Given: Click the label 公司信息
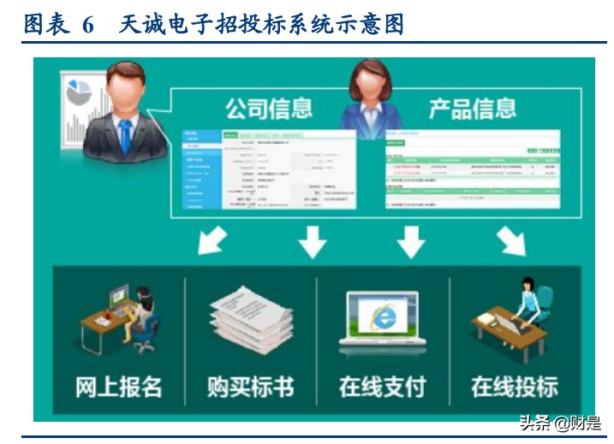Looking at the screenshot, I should (268, 109).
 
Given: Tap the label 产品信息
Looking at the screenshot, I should (472, 109).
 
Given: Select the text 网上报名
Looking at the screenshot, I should (118, 386).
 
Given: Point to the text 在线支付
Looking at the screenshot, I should (382, 386).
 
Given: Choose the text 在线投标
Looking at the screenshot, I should (514, 386).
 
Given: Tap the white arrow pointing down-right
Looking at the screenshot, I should (512, 242).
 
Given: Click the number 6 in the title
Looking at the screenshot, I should (88, 25).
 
